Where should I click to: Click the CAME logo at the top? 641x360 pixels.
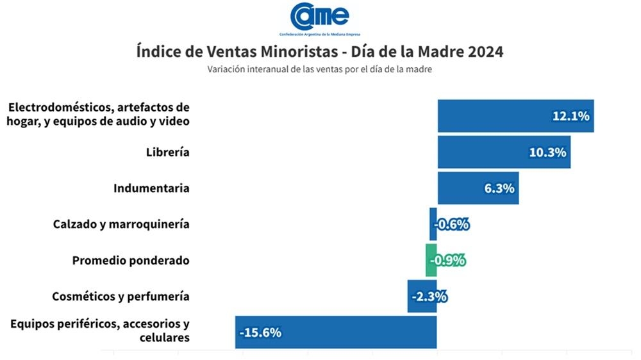click(319, 17)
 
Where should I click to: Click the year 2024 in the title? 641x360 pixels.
click(485, 52)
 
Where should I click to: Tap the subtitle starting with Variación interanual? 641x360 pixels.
click(319, 70)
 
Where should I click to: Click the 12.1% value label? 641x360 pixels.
click(570, 117)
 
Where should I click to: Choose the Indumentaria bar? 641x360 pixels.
click(462, 188)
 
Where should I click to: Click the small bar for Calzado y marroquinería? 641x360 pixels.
click(433, 224)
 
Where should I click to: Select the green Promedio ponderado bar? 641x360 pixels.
click(431, 260)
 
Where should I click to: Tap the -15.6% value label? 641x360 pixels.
click(260, 332)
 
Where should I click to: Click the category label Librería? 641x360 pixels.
click(167, 152)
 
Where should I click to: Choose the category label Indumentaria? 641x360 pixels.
click(151, 188)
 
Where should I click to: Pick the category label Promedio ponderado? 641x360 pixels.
click(131, 260)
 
